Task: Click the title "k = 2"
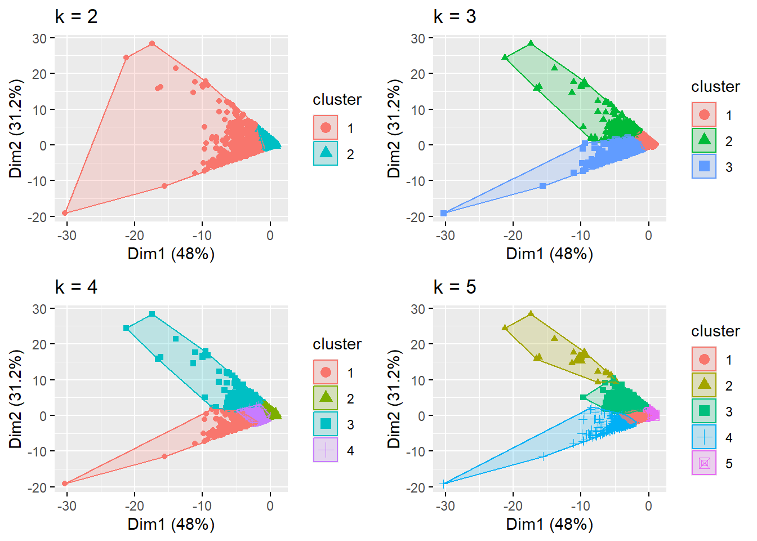tap(76, 16)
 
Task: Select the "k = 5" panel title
tap(455, 287)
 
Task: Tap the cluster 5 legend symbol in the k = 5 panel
tap(704, 463)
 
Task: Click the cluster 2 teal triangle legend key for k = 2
tap(326, 153)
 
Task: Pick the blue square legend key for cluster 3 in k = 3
tap(704, 166)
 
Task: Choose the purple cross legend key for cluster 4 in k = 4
tap(326, 450)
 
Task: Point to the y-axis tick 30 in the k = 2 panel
tap(39, 38)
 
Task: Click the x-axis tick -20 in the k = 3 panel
tap(513, 236)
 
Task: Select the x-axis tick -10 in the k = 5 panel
tap(581, 506)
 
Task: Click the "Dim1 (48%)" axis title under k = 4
tap(171, 524)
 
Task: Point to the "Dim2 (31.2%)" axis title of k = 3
tap(394, 128)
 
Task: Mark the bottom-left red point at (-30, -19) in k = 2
tap(65, 213)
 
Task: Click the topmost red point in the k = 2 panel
tap(152, 43)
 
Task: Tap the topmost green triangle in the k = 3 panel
tap(531, 43)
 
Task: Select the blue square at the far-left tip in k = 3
tap(444, 213)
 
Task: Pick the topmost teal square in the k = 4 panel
tap(152, 314)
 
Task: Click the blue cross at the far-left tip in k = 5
tap(444, 484)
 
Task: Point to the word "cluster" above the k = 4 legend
tap(337, 344)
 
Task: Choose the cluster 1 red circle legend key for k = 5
tap(704, 360)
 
